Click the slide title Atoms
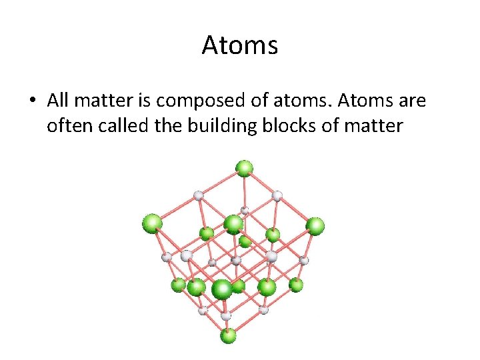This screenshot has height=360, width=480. coord(239,45)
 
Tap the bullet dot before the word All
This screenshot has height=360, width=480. coord(31,101)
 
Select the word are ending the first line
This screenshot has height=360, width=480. coord(408,102)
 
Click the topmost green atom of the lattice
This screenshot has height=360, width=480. coord(245,167)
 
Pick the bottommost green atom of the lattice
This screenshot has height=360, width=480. coord(228,335)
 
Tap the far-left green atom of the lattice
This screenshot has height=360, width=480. coord(152,223)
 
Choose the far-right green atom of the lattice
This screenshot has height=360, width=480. coord(315,225)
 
